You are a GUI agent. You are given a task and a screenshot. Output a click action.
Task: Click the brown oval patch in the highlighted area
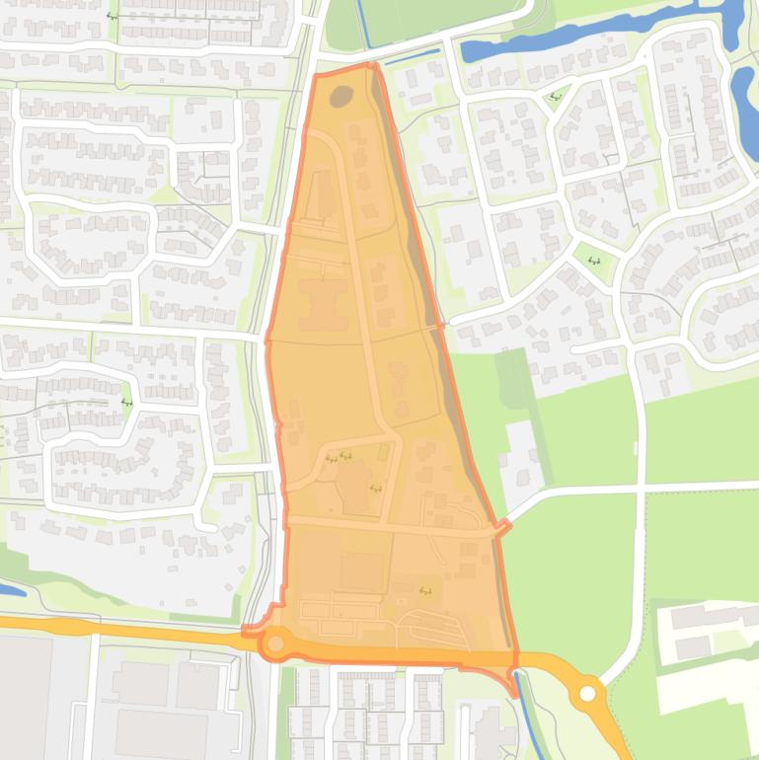click(x=341, y=97)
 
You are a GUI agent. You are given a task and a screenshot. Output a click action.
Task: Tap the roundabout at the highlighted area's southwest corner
click(x=275, y=644)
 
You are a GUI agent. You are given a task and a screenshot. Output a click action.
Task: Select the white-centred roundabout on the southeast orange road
click(x=589, y=694)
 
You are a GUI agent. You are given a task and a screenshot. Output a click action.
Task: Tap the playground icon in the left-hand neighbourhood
click(x=125, y=403)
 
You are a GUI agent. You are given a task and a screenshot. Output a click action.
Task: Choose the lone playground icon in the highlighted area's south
click(x=426, y=590)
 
